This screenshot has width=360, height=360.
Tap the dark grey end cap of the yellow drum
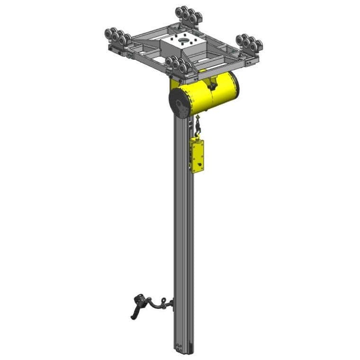(180, 102)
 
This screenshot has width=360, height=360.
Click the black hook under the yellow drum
(198, 127)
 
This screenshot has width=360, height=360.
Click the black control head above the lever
(138, 299)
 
